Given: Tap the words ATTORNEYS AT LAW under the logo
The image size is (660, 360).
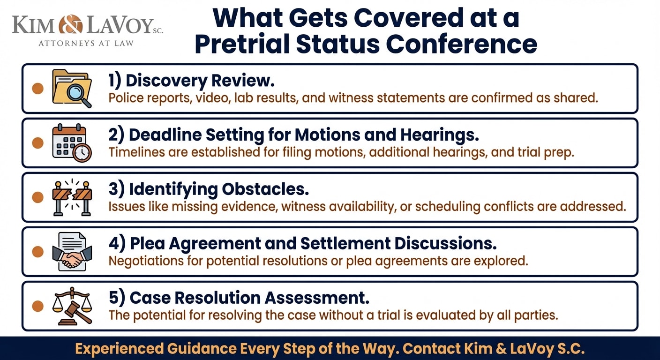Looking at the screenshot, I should tap(86, 43).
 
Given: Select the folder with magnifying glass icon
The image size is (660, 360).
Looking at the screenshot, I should tap(72, 88).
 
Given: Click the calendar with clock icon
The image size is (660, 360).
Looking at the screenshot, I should tap(72, 142).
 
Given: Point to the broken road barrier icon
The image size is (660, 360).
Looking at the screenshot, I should tap(72, 197).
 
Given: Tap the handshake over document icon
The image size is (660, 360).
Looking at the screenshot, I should tap(72, 252).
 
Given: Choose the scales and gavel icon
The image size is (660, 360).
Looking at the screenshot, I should tap(72, 306).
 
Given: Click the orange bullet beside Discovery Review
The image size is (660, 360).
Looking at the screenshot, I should tap(37, 89).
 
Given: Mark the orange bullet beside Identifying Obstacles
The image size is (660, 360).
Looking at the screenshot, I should tap(37, 197).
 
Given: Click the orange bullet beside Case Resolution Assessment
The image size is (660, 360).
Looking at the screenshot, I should tap(37, 306).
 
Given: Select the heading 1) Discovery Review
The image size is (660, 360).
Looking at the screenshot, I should tap(191, 81).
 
